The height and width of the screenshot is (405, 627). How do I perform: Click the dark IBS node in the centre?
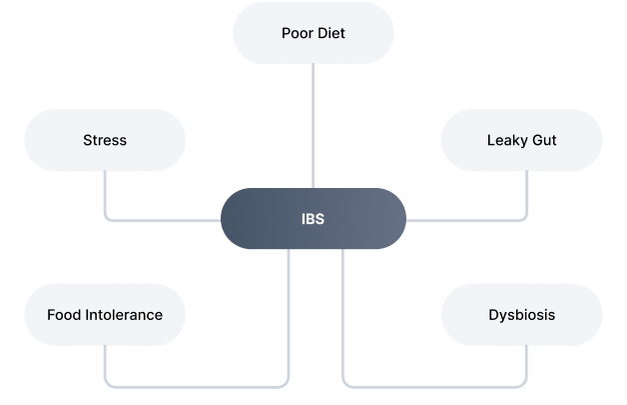pos(313,218)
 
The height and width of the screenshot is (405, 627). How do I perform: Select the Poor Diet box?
pos(313,32)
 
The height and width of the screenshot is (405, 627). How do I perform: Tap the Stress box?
pos(105,140)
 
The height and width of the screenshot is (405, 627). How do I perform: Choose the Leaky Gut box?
pos(521,140)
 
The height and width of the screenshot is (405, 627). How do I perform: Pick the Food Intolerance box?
pos(105,315)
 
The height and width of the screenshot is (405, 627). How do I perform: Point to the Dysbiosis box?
pos(521,315)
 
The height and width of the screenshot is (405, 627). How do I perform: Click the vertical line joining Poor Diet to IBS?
pos(313,125)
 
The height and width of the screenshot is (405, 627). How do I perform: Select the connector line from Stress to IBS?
pos(160,219)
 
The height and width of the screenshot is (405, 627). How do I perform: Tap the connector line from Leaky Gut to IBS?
pos(469,219)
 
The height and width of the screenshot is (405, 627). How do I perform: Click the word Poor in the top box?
pos(297,32)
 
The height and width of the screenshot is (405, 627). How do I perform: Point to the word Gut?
pos(543,140)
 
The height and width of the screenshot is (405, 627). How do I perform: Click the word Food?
pos(64,315)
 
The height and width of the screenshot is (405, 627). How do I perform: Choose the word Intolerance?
pos(123,315)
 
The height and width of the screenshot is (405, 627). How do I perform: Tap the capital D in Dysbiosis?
pos(493,315)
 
